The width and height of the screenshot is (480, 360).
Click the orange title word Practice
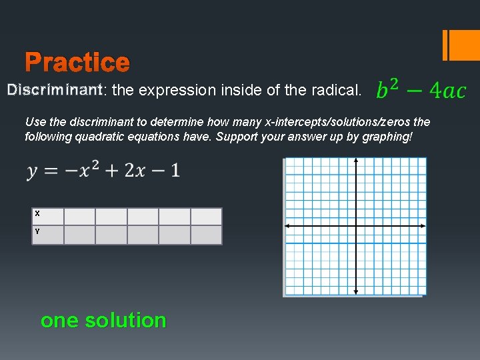(77, 63)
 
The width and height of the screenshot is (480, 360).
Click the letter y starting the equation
(33, 172)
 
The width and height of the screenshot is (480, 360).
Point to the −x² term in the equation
(90, 171)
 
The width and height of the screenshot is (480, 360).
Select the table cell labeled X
(47, 216)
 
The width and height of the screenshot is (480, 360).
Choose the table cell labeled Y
(47, 235)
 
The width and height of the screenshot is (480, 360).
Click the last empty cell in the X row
(206, 216)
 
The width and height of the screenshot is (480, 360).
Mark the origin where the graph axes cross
(356, 226)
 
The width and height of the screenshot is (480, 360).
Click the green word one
(59, 321)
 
